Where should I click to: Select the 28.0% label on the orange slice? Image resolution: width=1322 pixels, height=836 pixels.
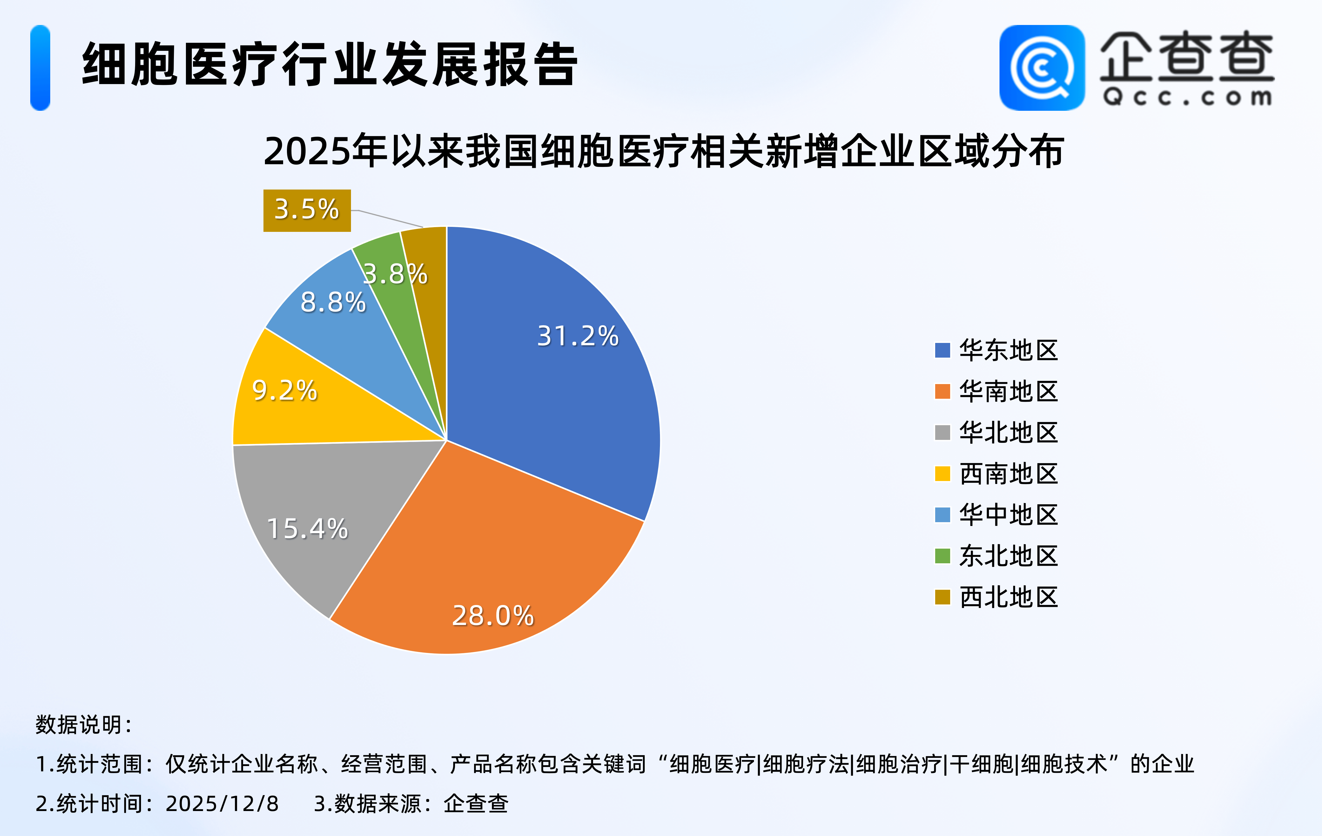coord(493,615)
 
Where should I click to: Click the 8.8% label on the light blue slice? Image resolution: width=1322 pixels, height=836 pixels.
coord(333,302)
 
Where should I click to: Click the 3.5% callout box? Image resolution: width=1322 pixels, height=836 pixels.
coord(307,210)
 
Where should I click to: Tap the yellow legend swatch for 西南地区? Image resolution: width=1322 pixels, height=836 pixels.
coord(942,473)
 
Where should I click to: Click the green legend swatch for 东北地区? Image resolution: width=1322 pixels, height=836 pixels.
coord(942,556)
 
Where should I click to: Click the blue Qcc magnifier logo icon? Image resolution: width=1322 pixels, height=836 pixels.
coord(1042,68)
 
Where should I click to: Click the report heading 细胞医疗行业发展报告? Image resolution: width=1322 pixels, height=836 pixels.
coord(330,65)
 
